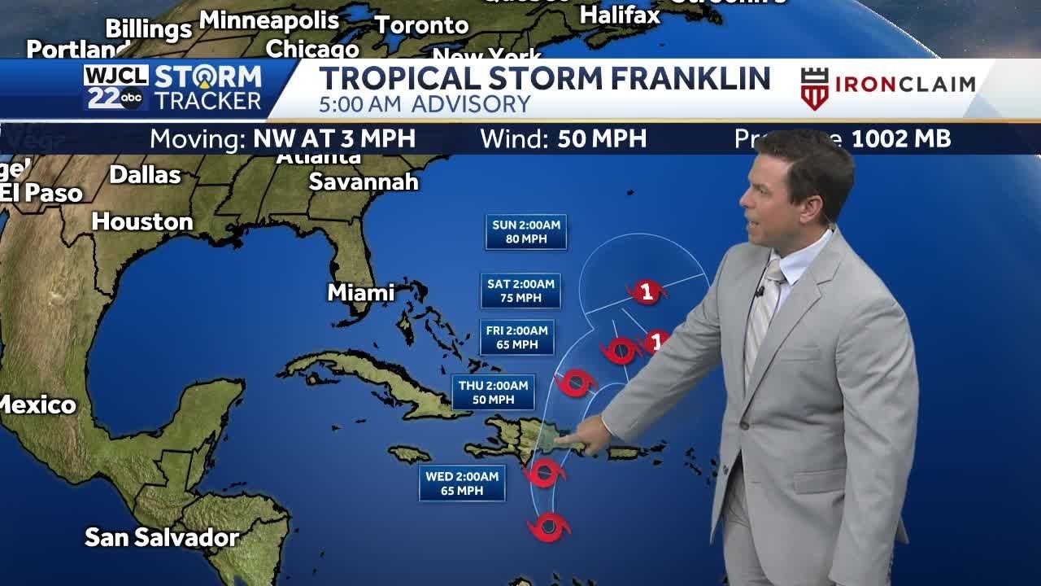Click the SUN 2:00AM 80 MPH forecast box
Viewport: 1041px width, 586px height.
click(526, 232)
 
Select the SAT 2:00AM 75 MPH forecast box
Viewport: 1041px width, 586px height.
click(520, 291)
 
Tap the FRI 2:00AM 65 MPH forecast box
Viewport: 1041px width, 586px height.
click(516, 337)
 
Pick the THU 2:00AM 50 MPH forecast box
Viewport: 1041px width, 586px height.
click(494, 392)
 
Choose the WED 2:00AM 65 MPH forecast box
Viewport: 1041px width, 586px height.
click(462, 483)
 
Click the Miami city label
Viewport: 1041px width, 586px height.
click(361, 292)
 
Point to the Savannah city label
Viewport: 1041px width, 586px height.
click(364, 181)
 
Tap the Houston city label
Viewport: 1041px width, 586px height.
click(142, 221)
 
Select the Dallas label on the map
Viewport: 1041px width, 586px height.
click(145, 174)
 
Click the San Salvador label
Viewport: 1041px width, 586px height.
click(162, 537)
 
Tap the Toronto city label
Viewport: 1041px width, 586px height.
click(421, 25)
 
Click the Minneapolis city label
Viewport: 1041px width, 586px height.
click(269, 20)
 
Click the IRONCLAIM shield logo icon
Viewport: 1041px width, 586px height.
click(814, 88)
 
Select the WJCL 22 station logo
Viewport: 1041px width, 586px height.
click(115, 88)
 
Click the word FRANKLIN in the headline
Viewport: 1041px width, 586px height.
click(690, 79)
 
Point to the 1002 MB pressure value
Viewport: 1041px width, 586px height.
click(900, 139)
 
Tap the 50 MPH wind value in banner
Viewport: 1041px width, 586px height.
click(602, 139)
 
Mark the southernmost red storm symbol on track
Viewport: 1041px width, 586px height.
click(549, 527)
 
